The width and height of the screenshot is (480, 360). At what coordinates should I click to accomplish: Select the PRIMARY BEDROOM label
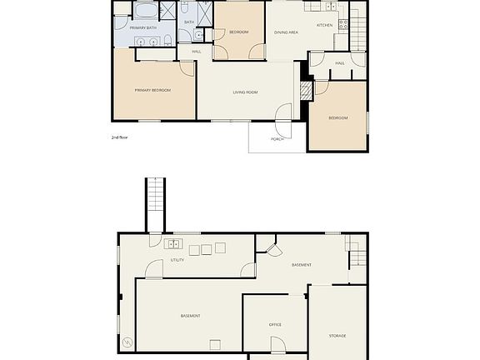click(153, 89)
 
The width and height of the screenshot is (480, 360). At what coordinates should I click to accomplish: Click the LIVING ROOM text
click(246, 92)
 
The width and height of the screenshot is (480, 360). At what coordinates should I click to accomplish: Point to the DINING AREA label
click(287, 32)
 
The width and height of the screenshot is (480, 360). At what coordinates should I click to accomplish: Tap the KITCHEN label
click(324, 25)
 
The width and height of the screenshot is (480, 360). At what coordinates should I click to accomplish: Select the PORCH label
click(277, 138)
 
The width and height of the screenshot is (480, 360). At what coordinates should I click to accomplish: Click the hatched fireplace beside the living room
click(305, 87)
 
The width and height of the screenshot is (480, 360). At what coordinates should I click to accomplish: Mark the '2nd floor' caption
click(120, 137)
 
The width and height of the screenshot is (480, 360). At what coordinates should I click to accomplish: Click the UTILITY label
click(177, 260)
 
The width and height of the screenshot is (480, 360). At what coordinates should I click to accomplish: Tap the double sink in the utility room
click(173, 244)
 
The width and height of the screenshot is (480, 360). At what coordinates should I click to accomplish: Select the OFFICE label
click(274, 324)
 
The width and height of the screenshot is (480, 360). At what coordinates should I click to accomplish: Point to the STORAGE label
click(337, 335)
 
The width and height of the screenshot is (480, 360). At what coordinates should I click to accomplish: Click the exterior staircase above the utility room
click(155, 205)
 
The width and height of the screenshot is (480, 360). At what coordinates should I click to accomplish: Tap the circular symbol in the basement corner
click(127, 342)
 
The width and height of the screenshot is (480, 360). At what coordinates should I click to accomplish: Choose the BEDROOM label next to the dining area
click(239, 32)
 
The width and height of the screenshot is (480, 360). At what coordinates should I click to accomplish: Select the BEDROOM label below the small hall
click(337, 117)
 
